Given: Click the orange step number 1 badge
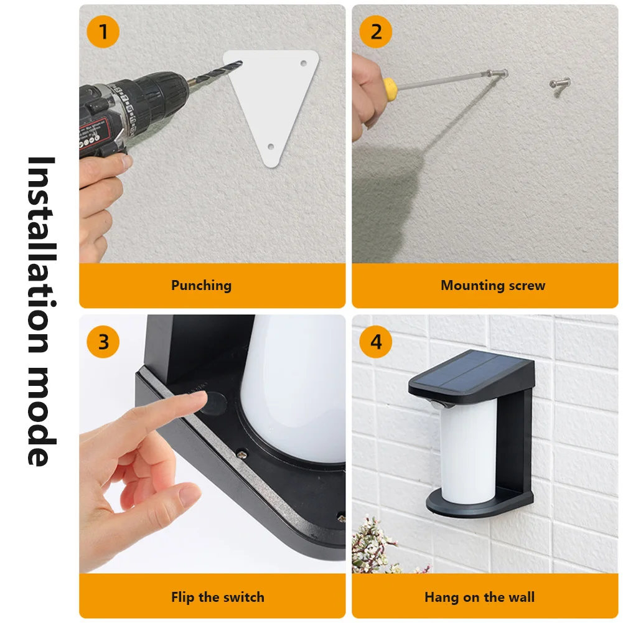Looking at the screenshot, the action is click(x=103, y=32).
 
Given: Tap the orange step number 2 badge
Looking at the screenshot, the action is click(x=375, y=32).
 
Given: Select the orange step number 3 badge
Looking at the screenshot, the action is click(x=103, y=342).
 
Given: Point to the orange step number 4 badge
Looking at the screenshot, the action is click(x=375, y=342).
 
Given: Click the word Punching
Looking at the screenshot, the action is click(x=202, y=286).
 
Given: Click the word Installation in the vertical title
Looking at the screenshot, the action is click(x=41, y=255).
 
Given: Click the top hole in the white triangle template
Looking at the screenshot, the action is click(x=304, y=63).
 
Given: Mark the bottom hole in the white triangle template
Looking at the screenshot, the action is click(x=271, y=147).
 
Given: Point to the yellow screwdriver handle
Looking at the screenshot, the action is click(x=390, y=85).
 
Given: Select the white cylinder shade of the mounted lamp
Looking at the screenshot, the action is click(x=469, y=452).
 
